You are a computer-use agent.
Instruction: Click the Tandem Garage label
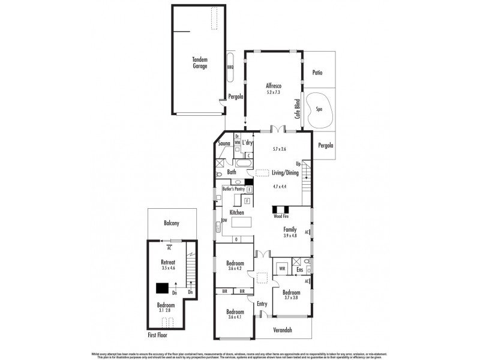[x=200, y=62]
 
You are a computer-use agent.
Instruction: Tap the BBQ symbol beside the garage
[x=230, y=67]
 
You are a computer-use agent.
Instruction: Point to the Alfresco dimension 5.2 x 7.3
[x=274, y=92]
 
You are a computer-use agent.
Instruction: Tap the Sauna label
[x=225, y=144]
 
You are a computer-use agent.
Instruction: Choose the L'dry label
[x=248, y=143]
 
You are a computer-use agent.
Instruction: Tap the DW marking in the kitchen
[x=224, y=221]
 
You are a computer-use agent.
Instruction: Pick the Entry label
[x=262, y=304]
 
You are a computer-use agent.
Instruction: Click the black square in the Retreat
[x=161, y=287]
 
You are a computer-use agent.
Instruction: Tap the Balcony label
[x=172, y=223]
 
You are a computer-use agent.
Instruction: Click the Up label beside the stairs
[x=297, y=164]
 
